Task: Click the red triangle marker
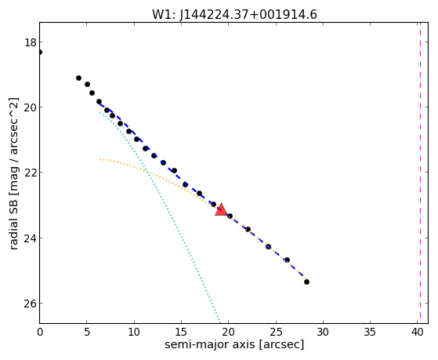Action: tap(221, 209)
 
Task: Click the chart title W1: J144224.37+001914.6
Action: tap(234, 14)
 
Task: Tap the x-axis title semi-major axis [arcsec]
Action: tap(234, 344)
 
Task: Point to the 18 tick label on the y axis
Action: tap(30, 42)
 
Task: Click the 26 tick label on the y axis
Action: tap(30, 304)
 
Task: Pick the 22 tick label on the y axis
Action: tap(30, 173)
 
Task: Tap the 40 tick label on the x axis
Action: tap(417, 332)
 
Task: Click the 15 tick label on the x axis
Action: tap(181, 332)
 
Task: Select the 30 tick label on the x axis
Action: tap(323, 332)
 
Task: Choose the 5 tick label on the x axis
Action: tap(87, 332)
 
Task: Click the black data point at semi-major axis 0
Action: tap(40, 53)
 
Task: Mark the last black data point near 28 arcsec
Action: tap(306, 282)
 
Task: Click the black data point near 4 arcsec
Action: tap(79, 78)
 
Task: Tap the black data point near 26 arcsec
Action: tap(287, 260)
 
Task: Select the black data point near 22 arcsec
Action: tap(248, 229)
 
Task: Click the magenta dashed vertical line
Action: tap(420, 173)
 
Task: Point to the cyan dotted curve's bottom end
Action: tap(220, 322)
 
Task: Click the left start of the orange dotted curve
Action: tap(100, 159)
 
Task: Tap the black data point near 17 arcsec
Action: tap(199, 193)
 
